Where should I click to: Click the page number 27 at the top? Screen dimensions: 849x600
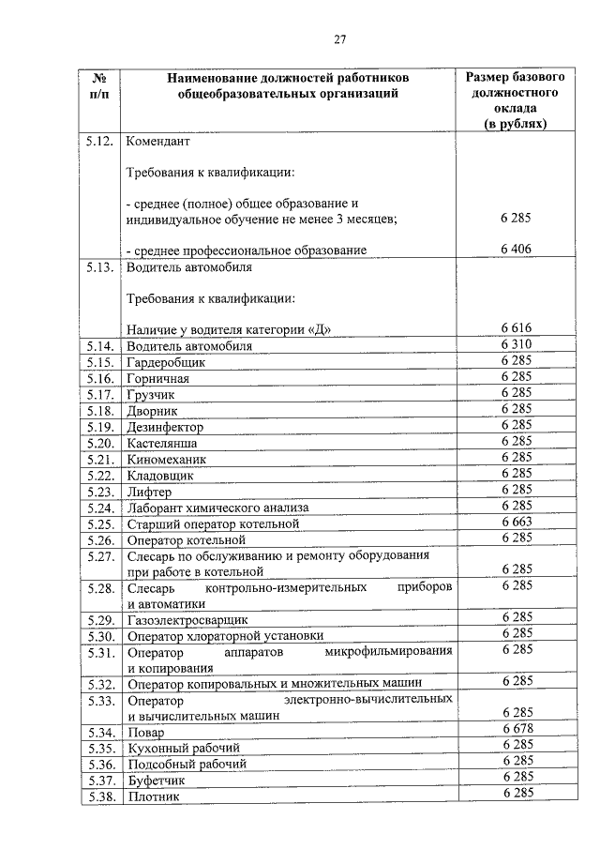pyautogui.click(x=340, y=38)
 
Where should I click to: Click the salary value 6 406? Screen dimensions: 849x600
pyautogui.click(x=516, y=248)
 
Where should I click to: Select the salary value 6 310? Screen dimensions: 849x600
pyautogui.click(x=516, y=344)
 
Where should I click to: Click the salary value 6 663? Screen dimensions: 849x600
pyautogui.click(x=516, y=522)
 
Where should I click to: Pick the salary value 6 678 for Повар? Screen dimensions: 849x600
pyautogui.click(x=516, y=730)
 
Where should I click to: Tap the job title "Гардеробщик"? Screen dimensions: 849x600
pyautogui.click(x=166, y=362)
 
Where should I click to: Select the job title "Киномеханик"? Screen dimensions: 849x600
pyautogui.click(x=166, y=459)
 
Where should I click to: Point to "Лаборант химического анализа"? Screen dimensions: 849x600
pyautogui.click(x=217, y=508)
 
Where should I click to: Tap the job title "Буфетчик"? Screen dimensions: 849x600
pyautogui.click(x=157, y=780)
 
